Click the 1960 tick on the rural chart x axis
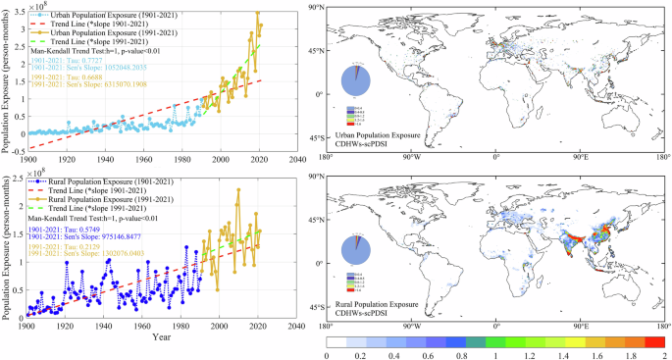145,324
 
